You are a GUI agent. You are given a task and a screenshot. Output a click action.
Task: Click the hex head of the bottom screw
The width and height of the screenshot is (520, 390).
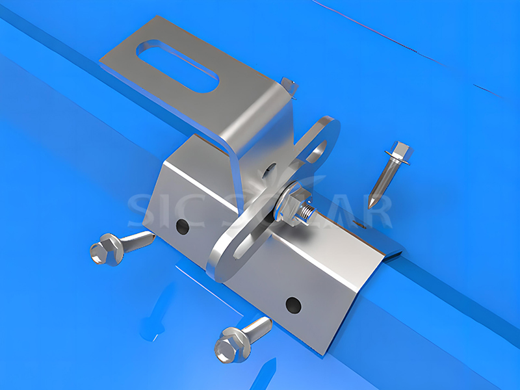[x=231, y=343]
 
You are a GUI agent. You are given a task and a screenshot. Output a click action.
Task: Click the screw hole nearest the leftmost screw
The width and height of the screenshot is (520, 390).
[x=183, y=227]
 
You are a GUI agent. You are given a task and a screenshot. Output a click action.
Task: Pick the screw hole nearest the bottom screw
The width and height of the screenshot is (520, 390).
[x=293, y=304]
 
